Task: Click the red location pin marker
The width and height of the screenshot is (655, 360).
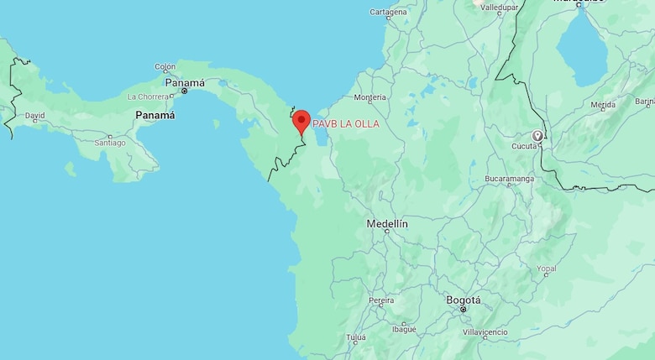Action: [x=301, y=121]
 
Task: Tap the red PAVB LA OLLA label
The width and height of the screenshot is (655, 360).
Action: [x=346, y=124]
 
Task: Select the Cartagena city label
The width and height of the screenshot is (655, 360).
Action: [x=388, y=12]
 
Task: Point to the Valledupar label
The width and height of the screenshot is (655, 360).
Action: [x=499, y=7]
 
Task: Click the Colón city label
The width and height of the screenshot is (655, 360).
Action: [x=165, y=66]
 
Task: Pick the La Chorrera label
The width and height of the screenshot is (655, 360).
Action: [x=148, y=97]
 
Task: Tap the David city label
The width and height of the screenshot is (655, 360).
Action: [x=34, y=115]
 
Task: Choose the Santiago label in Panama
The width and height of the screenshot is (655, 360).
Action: [x=110, y=143]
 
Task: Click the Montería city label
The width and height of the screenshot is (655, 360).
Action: [x=370, y=97]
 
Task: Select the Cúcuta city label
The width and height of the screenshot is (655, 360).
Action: [x=524, y=146]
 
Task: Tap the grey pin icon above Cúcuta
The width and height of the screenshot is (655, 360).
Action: [x=537, y=135]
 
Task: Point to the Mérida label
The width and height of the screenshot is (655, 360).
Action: [x=603, y=106]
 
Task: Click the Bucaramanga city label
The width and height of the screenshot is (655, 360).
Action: [x=510, y=179]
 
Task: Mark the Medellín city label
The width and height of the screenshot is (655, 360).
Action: [x=387, y=224]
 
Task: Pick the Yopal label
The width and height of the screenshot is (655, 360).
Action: [x=547, y=269]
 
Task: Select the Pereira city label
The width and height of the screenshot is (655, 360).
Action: [x=381, y=300]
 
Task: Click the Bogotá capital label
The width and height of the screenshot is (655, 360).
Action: [x=464, y=300]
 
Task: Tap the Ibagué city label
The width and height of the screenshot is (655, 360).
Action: [x=404, y=329]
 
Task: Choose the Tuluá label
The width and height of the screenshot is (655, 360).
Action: [x=356, y=337]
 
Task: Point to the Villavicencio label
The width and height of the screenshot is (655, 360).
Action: [x=485, y=332]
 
